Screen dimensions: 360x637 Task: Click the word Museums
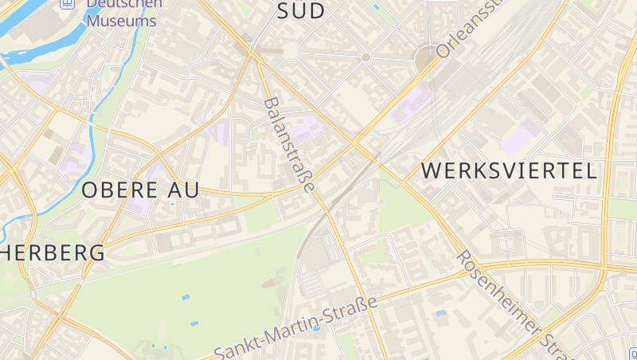[x=121, y=21]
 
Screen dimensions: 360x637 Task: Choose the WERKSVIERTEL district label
[x=509, y=170]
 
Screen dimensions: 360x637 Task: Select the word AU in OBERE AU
[x=185, y=190]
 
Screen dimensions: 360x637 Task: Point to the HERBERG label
[x=53, y=253]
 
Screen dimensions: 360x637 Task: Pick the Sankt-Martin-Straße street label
[x=295, y=327]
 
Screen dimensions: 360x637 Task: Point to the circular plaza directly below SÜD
[x=291, y=51]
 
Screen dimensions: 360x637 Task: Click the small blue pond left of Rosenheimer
[x=440, y=313]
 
